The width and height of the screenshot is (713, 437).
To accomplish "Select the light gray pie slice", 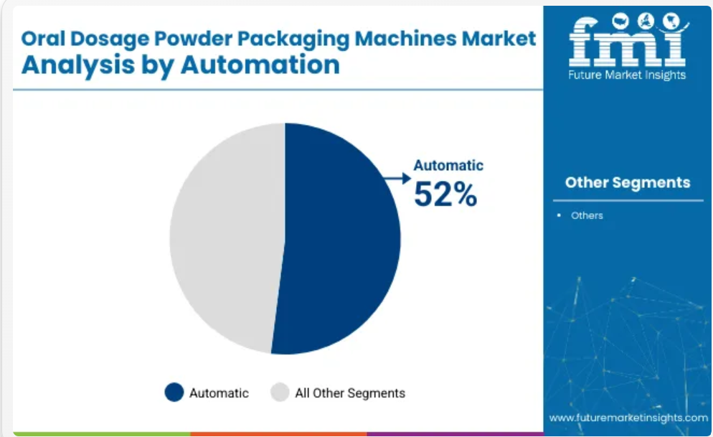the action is point(227,237).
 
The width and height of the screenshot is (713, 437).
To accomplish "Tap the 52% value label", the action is point(445,194).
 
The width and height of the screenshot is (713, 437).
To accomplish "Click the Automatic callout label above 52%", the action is point(448,165).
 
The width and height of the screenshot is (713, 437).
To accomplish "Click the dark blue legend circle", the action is point(174,392).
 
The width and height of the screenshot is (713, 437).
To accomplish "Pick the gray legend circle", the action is point(280,392).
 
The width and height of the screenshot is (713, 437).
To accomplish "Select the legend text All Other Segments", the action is point(350,393).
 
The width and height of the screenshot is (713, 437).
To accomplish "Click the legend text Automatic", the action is point(219,393).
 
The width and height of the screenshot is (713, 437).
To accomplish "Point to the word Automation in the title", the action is point(260,65).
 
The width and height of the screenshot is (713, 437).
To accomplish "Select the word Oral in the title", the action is point(43,39).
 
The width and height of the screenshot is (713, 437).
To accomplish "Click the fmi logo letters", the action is point(628,40).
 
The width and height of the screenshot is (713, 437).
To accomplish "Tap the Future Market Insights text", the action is point(627,75).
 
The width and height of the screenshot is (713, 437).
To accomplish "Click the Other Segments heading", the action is point(628,182).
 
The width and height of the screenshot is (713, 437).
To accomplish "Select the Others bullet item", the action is point(587,215).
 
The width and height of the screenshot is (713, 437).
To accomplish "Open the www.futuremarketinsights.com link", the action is point(628,418).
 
